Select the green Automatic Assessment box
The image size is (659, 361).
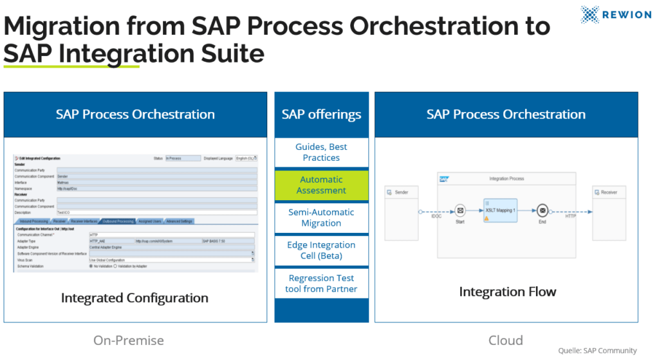pos(321,185)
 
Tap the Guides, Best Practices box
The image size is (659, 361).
pos(321,153)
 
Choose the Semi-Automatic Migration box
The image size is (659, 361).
pos(321,218)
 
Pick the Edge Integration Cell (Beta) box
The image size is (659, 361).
pos(321,250)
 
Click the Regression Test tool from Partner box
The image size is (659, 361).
pos(321,284)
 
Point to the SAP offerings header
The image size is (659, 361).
pos(321,115)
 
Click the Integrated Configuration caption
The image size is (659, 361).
pos(135,298)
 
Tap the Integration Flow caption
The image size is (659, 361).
pos(507,292)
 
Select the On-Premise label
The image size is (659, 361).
pos(129,340)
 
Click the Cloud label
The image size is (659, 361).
pos(505,340)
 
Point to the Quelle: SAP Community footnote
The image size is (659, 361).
pos(597,351)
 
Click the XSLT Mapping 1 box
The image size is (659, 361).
pos(500,210)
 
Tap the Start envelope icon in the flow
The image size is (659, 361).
pos(459,210)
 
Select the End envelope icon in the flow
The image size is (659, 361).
pos(543,210)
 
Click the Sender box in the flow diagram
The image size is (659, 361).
pos(401,212)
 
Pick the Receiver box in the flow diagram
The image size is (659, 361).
pos(608,212)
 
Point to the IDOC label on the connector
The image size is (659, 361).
pos(436,217)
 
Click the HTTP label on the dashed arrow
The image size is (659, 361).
pos(571,217)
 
